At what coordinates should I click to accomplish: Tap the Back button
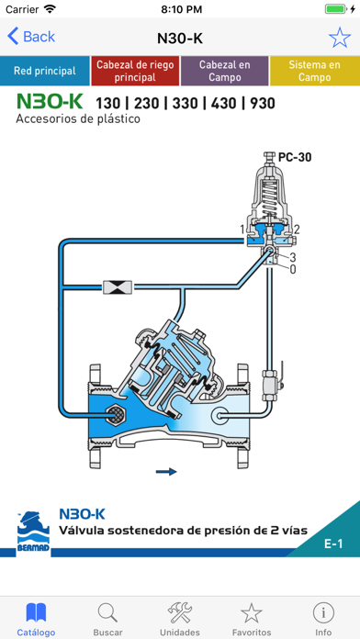(31, 37)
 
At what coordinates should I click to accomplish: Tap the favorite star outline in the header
(339, 38)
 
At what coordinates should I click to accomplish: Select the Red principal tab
(44, 71)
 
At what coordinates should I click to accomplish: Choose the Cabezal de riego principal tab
(135, 71)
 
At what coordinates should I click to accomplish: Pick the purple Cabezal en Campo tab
(224, 71)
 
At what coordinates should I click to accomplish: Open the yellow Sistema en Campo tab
(315, 71)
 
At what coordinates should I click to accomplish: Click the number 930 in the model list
(263, 104)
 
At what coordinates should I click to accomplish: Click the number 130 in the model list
(108, 104)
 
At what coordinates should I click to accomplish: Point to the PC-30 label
(295, 157)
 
